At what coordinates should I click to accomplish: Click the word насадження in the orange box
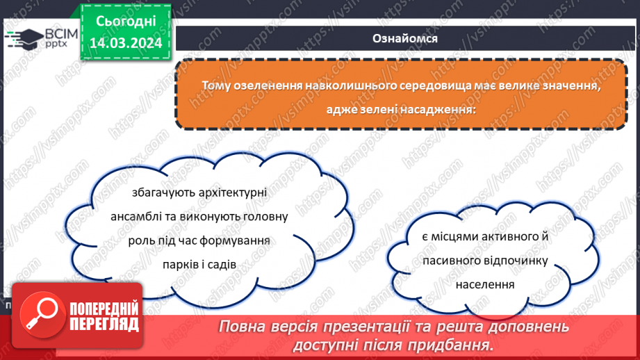[436, 109]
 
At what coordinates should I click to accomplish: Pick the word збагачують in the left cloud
[162, 194]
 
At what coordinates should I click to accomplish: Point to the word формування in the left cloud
[236, 240]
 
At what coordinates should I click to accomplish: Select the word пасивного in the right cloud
[454, 261]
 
